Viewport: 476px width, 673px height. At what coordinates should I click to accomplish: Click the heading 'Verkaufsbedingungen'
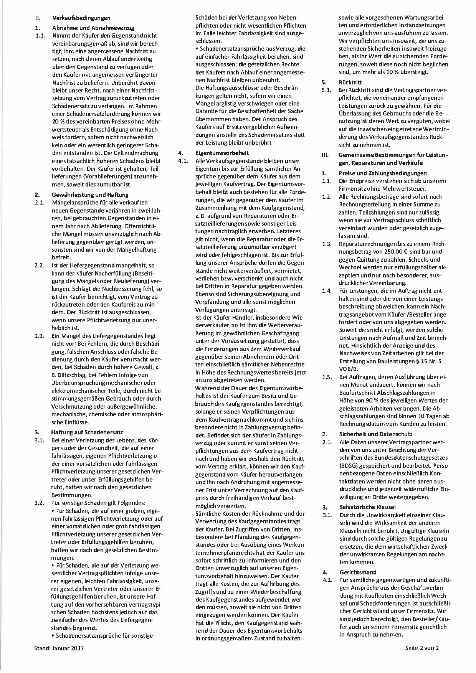pos(81,18)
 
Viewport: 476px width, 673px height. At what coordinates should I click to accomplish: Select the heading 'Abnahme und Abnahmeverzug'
pos(93,28)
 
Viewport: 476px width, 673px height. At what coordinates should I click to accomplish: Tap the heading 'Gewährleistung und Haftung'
pos(90,195)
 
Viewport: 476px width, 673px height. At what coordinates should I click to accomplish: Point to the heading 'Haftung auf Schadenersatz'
pos(87,432)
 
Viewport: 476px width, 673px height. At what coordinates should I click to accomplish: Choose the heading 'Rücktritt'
pos(350,82)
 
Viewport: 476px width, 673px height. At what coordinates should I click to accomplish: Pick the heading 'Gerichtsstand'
pos(358,572)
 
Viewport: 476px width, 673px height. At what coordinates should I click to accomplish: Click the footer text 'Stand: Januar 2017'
pos(59,648)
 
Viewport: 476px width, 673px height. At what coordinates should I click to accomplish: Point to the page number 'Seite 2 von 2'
pos(421,648)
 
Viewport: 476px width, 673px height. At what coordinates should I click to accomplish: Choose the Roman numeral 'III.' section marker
pos(325,155)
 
